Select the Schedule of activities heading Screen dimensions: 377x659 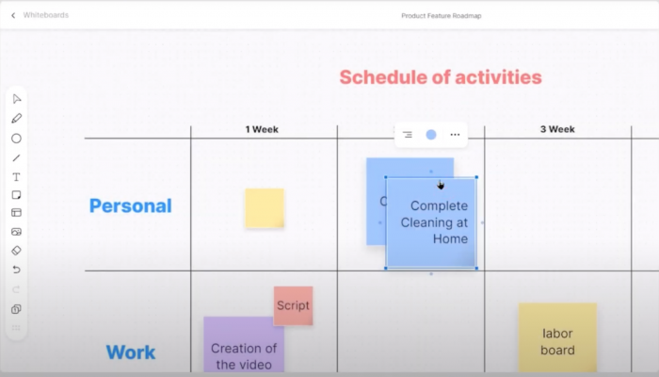pos(440,77)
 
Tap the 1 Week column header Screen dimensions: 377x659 pos(262,129)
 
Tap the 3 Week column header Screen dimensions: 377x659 pos(557,129)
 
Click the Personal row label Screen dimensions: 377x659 pos(130,205)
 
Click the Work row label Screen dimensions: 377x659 pos(130,352)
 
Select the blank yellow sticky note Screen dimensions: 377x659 pos(265,208)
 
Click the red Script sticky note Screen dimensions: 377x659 pos(293,305)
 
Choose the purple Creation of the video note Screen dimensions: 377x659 pos(244,349)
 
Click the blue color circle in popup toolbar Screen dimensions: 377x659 pos(431,135)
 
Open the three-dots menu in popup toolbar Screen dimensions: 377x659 pos(455,135)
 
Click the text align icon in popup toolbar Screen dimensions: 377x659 pos(408,135)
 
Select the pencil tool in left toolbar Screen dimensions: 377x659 pos(16,119)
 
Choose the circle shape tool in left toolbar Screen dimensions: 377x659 pos(16,138)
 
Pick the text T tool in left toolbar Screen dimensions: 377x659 pos(16,176)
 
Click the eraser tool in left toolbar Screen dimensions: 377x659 pos(16,251)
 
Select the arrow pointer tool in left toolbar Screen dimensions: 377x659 pos(16,99)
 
